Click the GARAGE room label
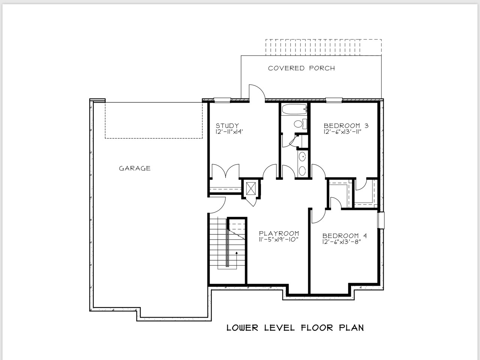pos(135,168)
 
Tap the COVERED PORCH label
pos(301,68)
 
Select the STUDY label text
pos(227,126)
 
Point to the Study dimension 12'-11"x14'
pos(229,132)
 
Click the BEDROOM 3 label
pos(346,126)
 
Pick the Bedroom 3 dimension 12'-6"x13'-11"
pos(342,132)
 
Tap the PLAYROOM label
pos(279,234)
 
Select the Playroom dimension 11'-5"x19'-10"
pos(279,240)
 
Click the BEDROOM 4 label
pos(345,236)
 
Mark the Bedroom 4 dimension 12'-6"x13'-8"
pos(341,242)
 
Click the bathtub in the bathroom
pos(294,109)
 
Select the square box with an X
pos(251,188)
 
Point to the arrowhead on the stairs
pos(236,253)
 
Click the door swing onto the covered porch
pos(257,92)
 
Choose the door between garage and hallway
pos(217,205)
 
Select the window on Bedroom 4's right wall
pos(381,220)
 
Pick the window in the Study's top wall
pos(222,100)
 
